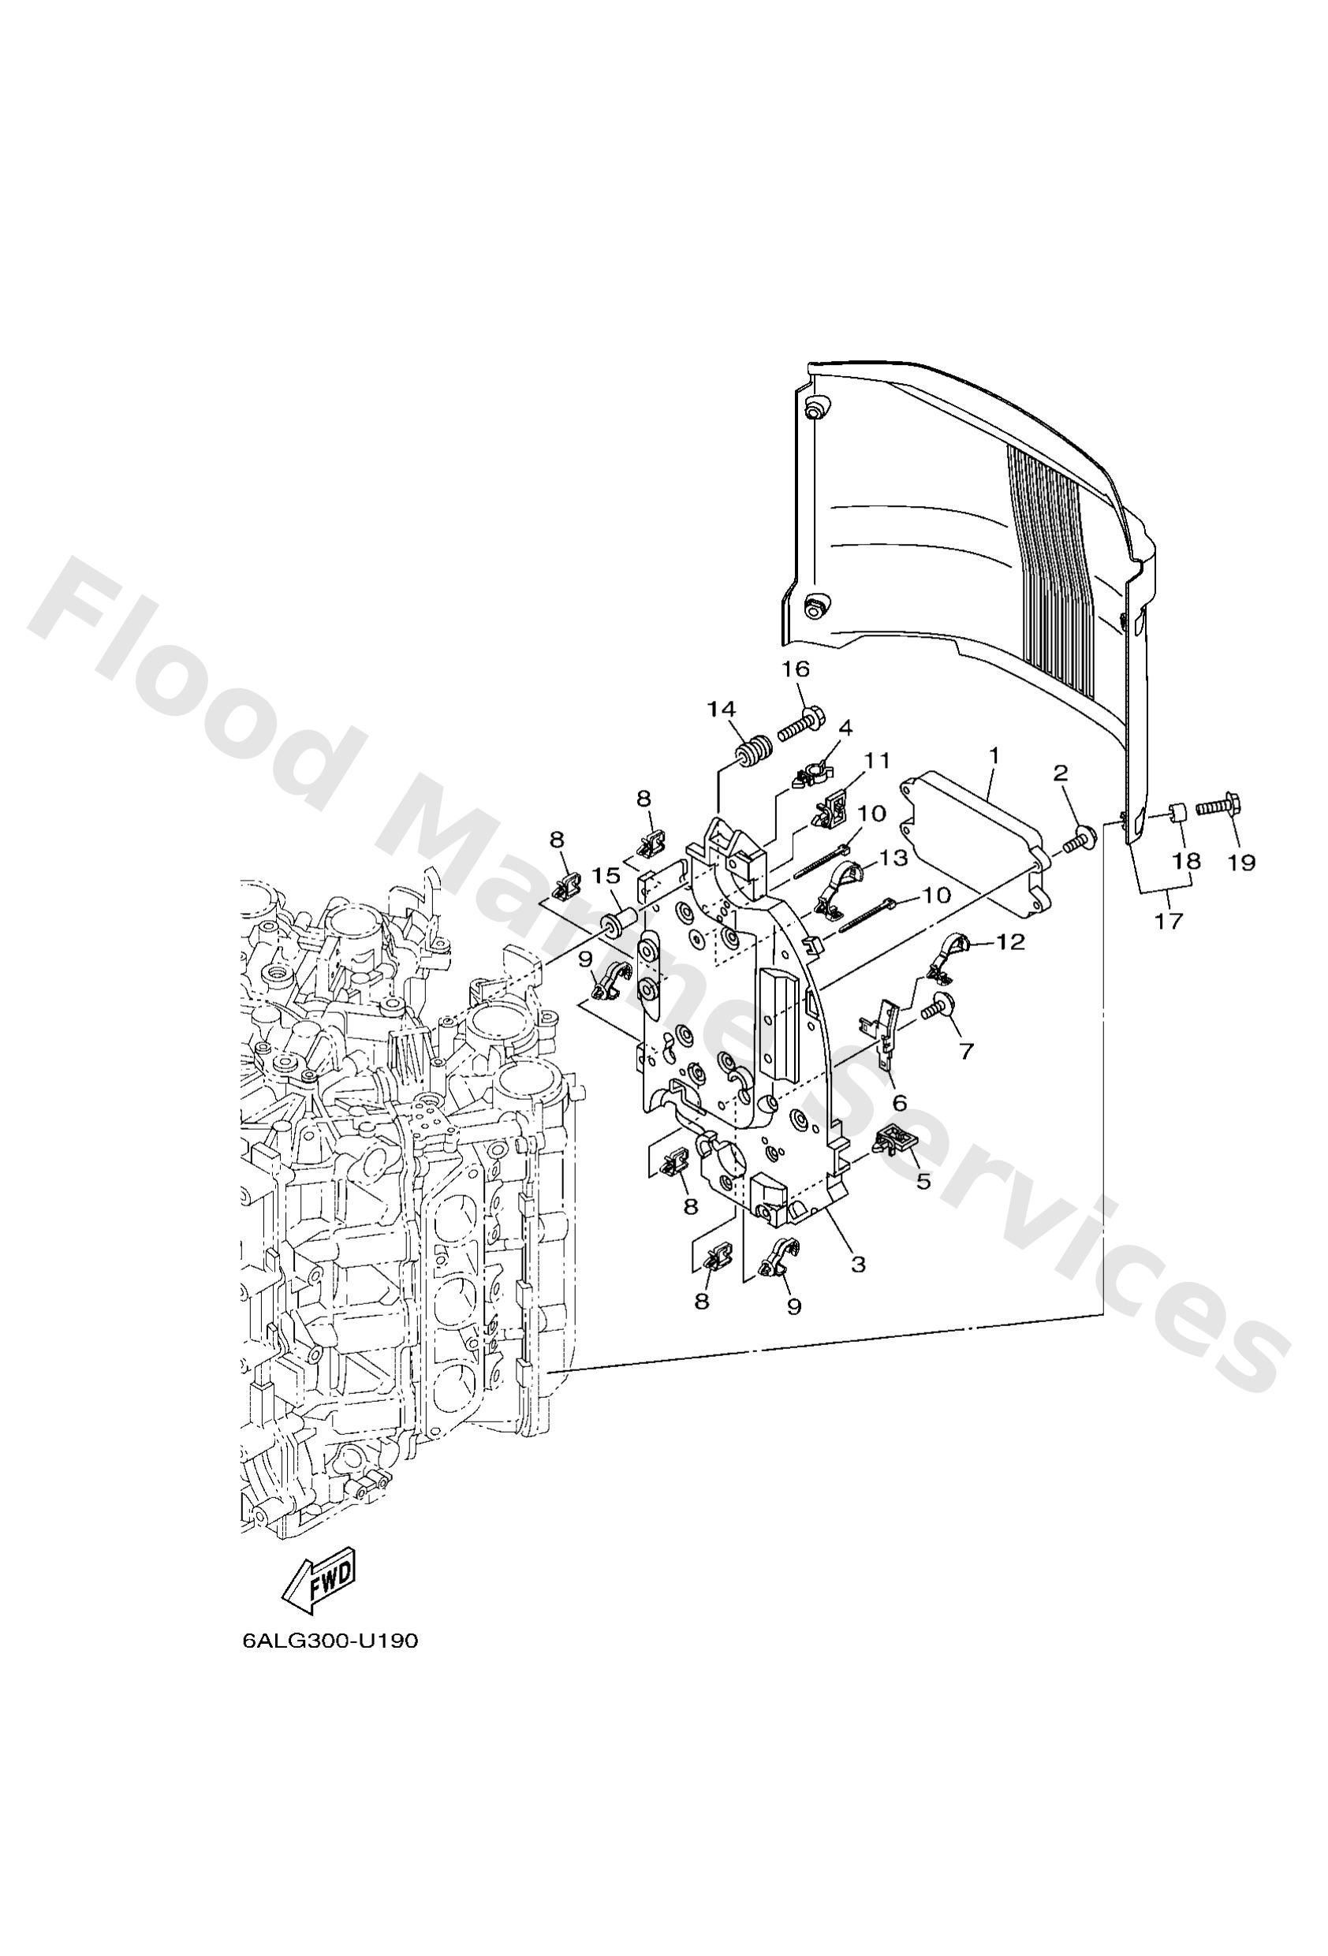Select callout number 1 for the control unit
[x=994, y=756]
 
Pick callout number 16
[x=795, y=669]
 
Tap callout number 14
[x=721, y=710]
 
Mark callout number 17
[x=1168, y=922]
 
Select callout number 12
[x=1010, y=943]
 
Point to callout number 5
[x=923, y=1181]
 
